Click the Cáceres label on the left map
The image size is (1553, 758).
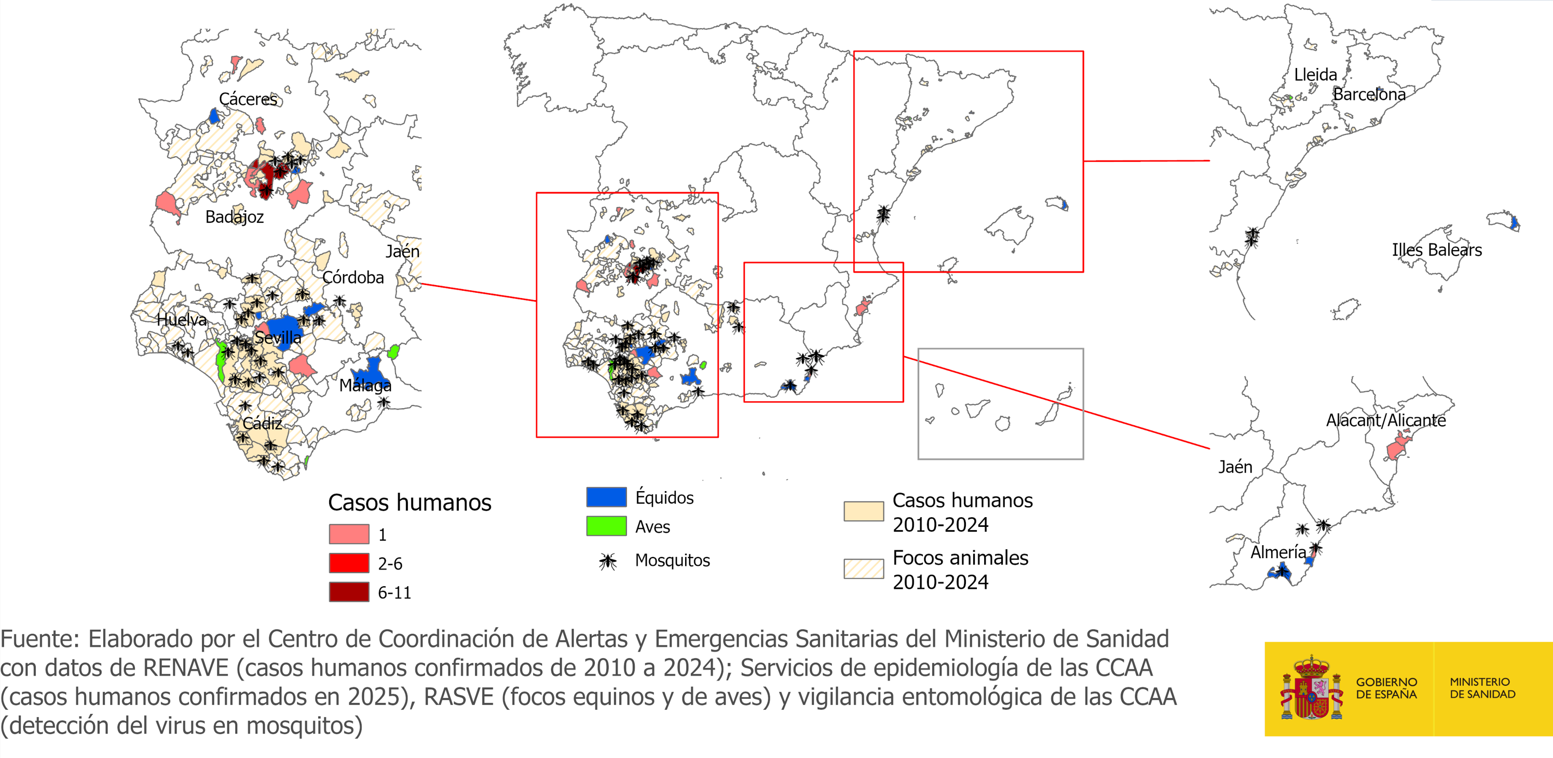[x=248, y=99]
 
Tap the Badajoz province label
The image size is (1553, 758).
[x=235, y=217]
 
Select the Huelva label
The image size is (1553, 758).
[x=182, y=320]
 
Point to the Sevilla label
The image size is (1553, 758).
[x=278, y=337]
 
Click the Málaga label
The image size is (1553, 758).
[x=365, y=385]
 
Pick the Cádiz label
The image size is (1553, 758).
[x=262, y=423]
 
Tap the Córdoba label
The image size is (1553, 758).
[x=352, y=277]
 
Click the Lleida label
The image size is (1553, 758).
[x=1315, y=75]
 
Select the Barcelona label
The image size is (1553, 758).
[x=1369, y=94]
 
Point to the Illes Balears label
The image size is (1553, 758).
[x=1437, y=250]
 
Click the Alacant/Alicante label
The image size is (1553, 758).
[x=1385, y=421]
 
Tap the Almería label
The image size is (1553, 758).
[x=1278, y=552]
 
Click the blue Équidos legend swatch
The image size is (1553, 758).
[x=606, y=497]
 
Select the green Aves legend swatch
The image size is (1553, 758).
[x=606, y=526]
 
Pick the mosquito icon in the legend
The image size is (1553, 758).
[x=608, y=561]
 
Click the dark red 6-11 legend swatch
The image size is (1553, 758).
[x=349, y=592]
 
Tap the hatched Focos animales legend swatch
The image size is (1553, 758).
[x=863, y=568]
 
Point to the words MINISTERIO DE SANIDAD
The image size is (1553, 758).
[x=1482, y=688]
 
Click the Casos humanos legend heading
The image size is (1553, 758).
[x=410, y=503]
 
